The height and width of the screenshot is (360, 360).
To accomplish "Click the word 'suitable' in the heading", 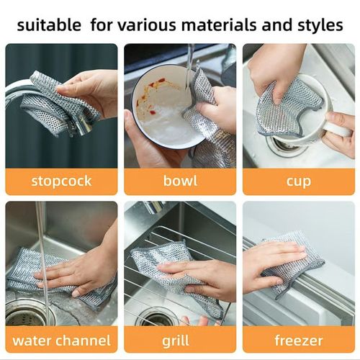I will click(x=49, y=25).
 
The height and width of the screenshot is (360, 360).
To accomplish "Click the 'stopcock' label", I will click(x=61, y=181).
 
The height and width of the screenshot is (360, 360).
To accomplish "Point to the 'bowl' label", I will click(x=180, y=181).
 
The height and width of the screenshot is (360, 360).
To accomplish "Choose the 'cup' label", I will click(x=298, y=181).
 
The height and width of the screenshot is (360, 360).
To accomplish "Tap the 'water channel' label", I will click(x=61, y=339).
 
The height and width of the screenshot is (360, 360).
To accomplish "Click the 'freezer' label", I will click(x=298, y=339).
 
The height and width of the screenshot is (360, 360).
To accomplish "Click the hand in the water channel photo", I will click(x=79, y=270).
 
